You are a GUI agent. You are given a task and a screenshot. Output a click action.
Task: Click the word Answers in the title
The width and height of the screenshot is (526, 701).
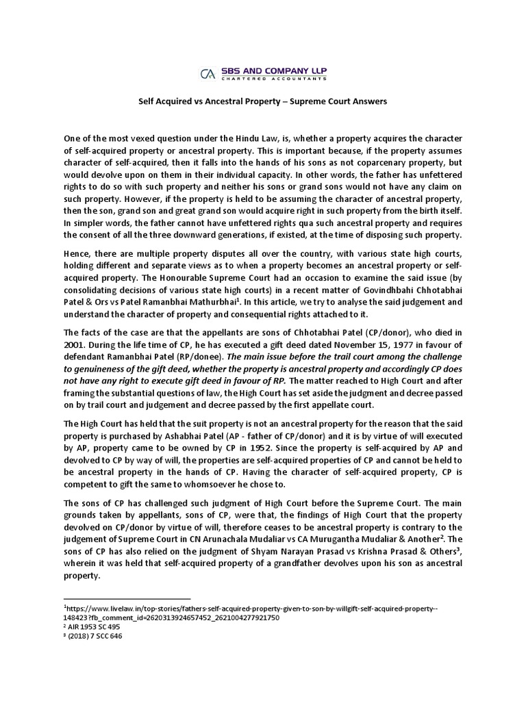368,101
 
